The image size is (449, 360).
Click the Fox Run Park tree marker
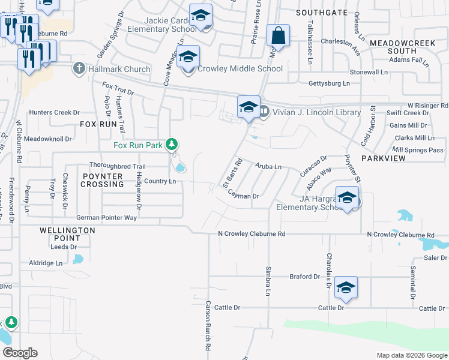[x=172, y=144]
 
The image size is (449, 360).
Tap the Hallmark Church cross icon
[x=79, y=69]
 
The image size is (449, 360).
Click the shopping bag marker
[x=279, y=36]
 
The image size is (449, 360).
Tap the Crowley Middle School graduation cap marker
[x=188, y=58]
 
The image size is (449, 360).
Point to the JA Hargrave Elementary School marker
[x=347, y=198]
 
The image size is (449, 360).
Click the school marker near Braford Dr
[x=346, y=288]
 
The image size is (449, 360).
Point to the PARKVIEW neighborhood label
[x=384, y=158]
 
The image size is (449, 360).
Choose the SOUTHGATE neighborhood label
[x=321, y=12]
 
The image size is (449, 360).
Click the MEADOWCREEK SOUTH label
[x=402, y=47]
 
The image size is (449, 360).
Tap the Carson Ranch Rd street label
[x=208, y=326]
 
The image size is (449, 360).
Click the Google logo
[x=20, y=353]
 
